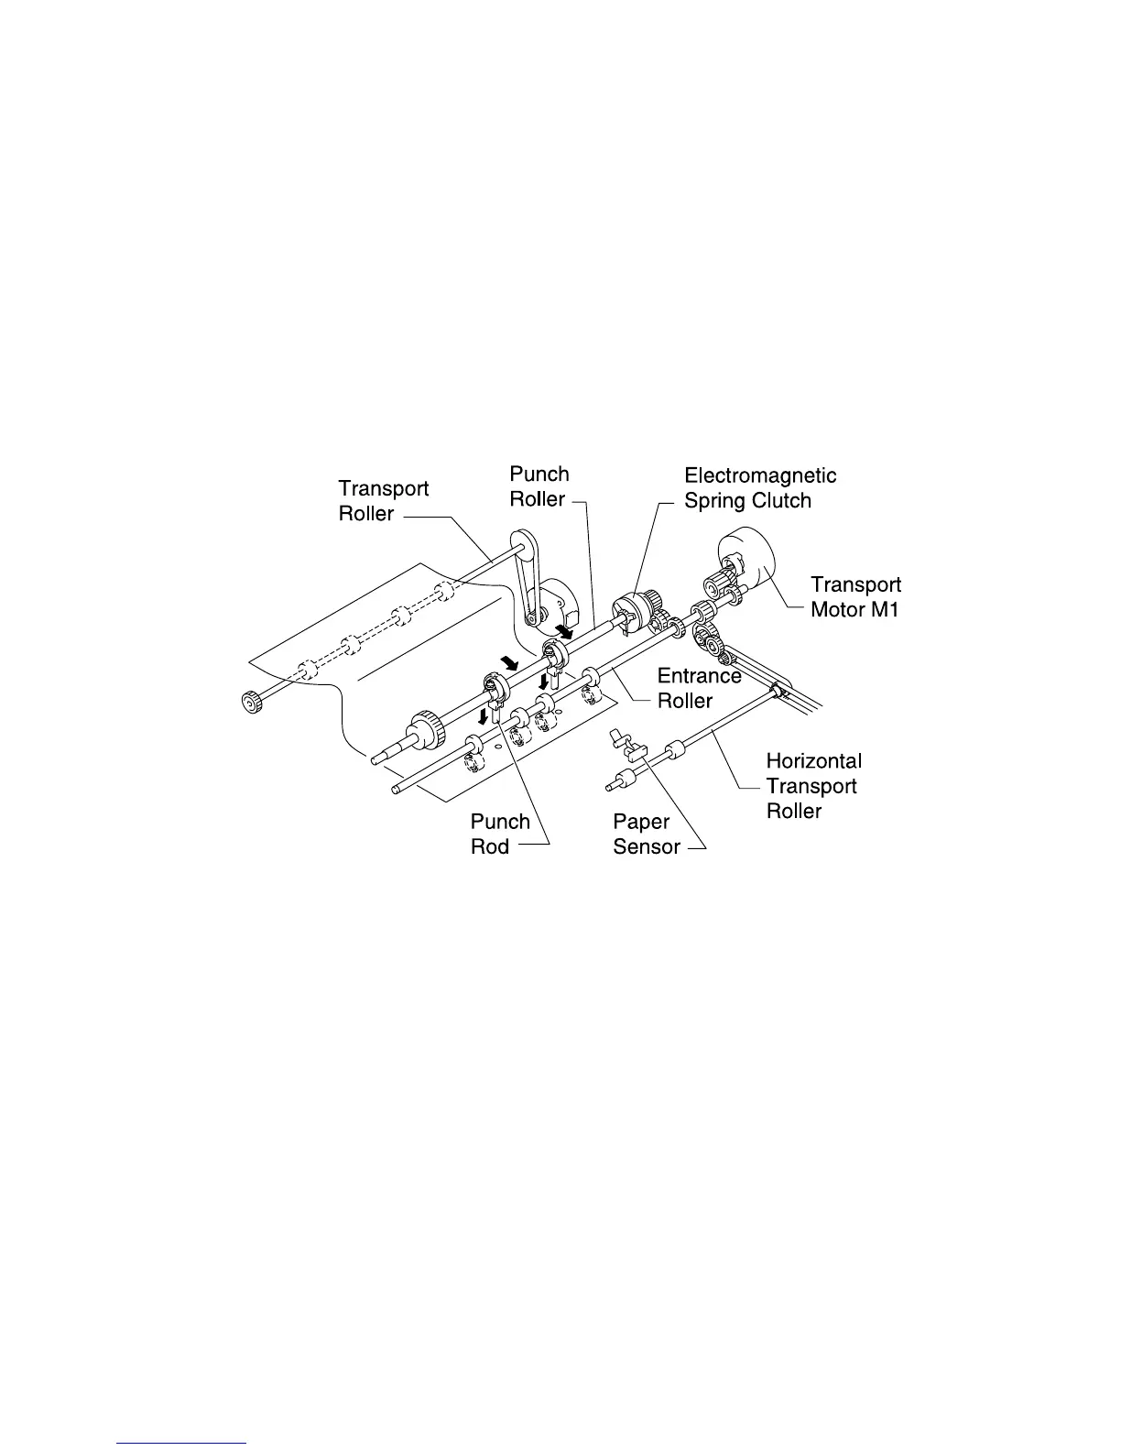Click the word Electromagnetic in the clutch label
coord(760,476)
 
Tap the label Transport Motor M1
coord(855,596)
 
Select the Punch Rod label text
coord(500,834)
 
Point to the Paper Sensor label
coord(647,835)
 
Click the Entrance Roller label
coord(699,688)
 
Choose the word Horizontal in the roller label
coord(813,760)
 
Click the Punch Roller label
coord(539,486)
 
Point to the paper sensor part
coord(628,746)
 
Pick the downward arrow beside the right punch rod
coord(546,682)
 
